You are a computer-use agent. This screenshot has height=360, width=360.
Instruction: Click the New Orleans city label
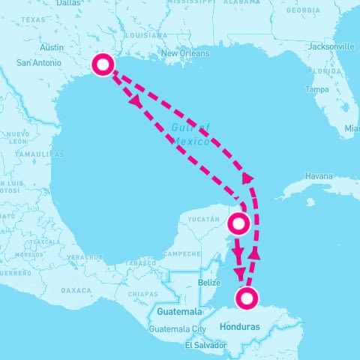(x=184, y=54)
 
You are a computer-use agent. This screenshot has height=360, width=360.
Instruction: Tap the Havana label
(x=319, y=176)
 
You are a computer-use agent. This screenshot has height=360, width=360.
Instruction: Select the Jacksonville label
(x=331, y=46)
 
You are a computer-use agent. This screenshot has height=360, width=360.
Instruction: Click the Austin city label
(x=52, y=47)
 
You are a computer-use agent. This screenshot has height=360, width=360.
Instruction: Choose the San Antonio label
(x=37, y=62)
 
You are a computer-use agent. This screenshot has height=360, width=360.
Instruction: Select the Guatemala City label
(x=177, y=329)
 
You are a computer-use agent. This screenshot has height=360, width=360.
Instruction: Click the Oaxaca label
(x=76, y=289)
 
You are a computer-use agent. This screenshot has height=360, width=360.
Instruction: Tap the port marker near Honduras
(x=246, y=298)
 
